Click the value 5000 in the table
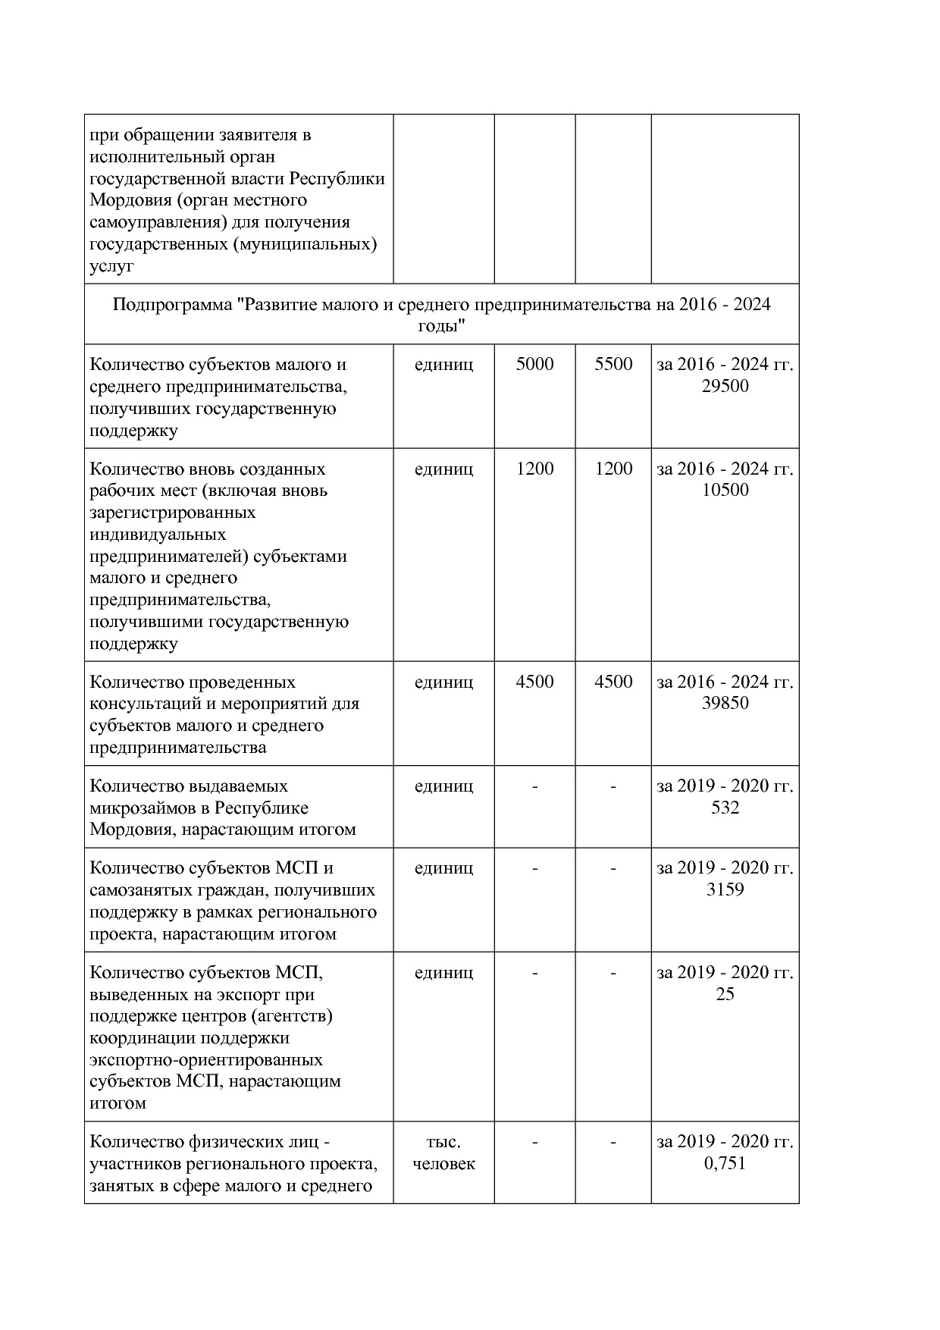pos(534,365)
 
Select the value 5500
pos(613,365)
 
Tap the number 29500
pos(725,387)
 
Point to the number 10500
pos(725,491)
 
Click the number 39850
pos(725,704)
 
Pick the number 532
pos(725,808)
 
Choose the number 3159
pos(725,890)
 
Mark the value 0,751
pos(725,1164)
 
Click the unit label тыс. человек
pos(443,1153)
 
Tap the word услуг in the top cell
pos(111,267)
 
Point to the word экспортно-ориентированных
pos(205,1060)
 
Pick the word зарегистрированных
pos(172,513)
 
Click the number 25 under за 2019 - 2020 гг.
pos(725,995)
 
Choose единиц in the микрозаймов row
pos(443,786)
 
